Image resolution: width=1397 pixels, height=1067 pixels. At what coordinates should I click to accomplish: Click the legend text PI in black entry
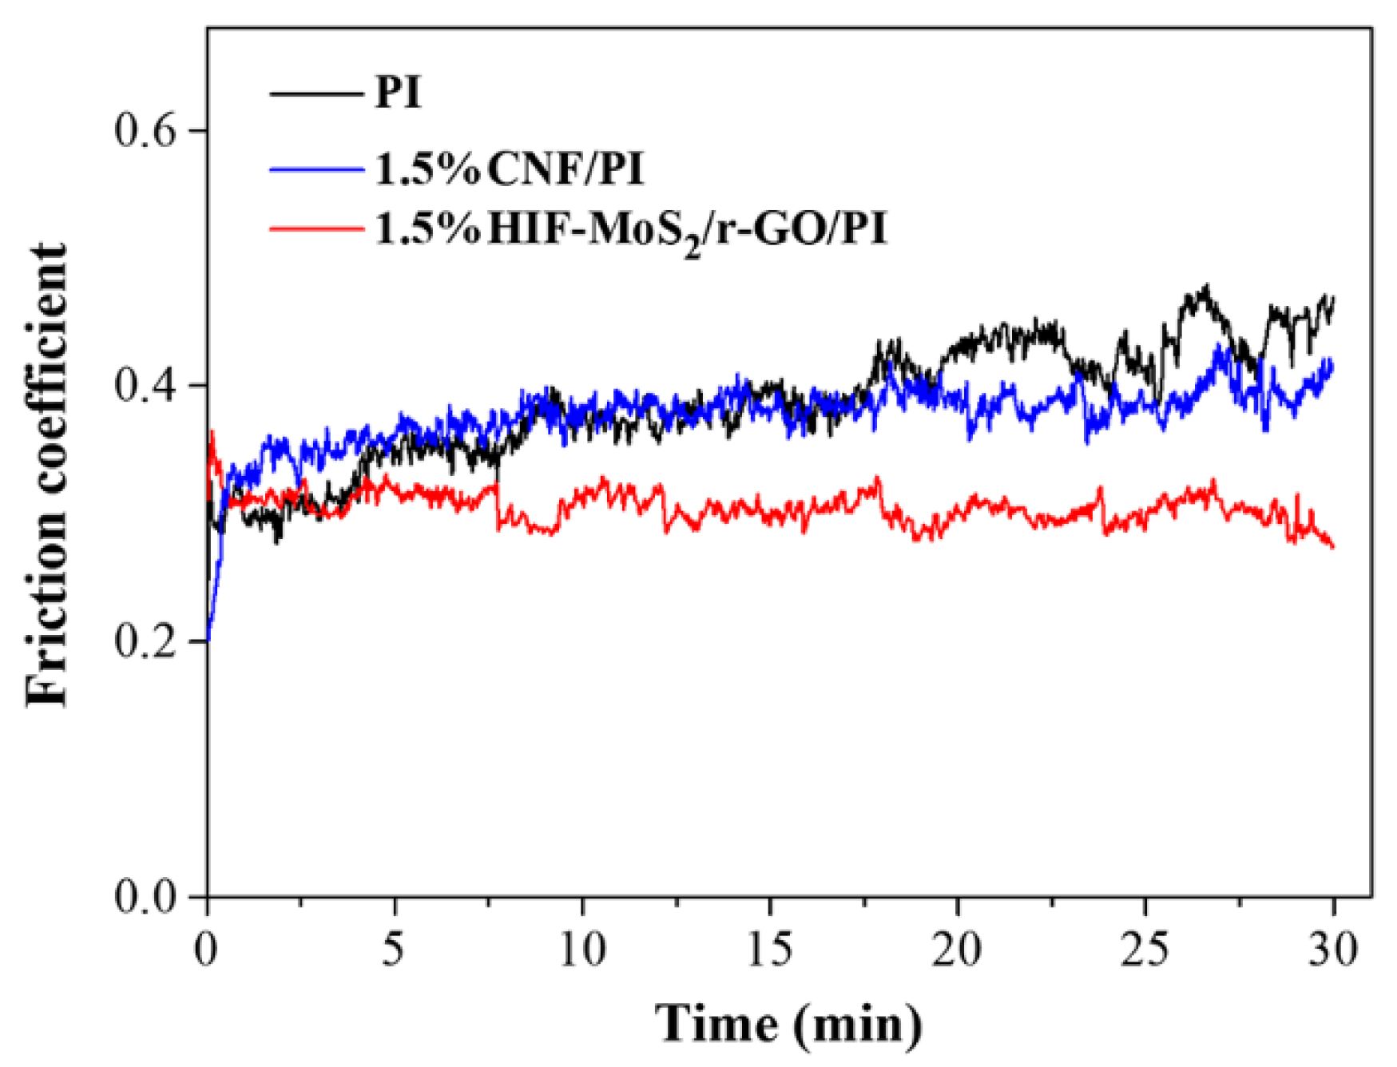[398, 93]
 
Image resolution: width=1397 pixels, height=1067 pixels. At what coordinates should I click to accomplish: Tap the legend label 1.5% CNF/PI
[509, 169]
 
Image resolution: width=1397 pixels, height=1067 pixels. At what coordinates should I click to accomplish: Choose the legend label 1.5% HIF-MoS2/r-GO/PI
[631, 230]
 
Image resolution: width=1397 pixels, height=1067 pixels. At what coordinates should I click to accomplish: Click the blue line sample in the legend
[316, 169]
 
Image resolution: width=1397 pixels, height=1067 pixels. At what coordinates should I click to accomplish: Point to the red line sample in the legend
[316, 228]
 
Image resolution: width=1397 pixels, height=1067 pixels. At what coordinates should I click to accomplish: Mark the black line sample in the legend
[316, 93]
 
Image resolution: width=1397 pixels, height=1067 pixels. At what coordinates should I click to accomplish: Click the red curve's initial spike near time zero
[212, 434]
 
